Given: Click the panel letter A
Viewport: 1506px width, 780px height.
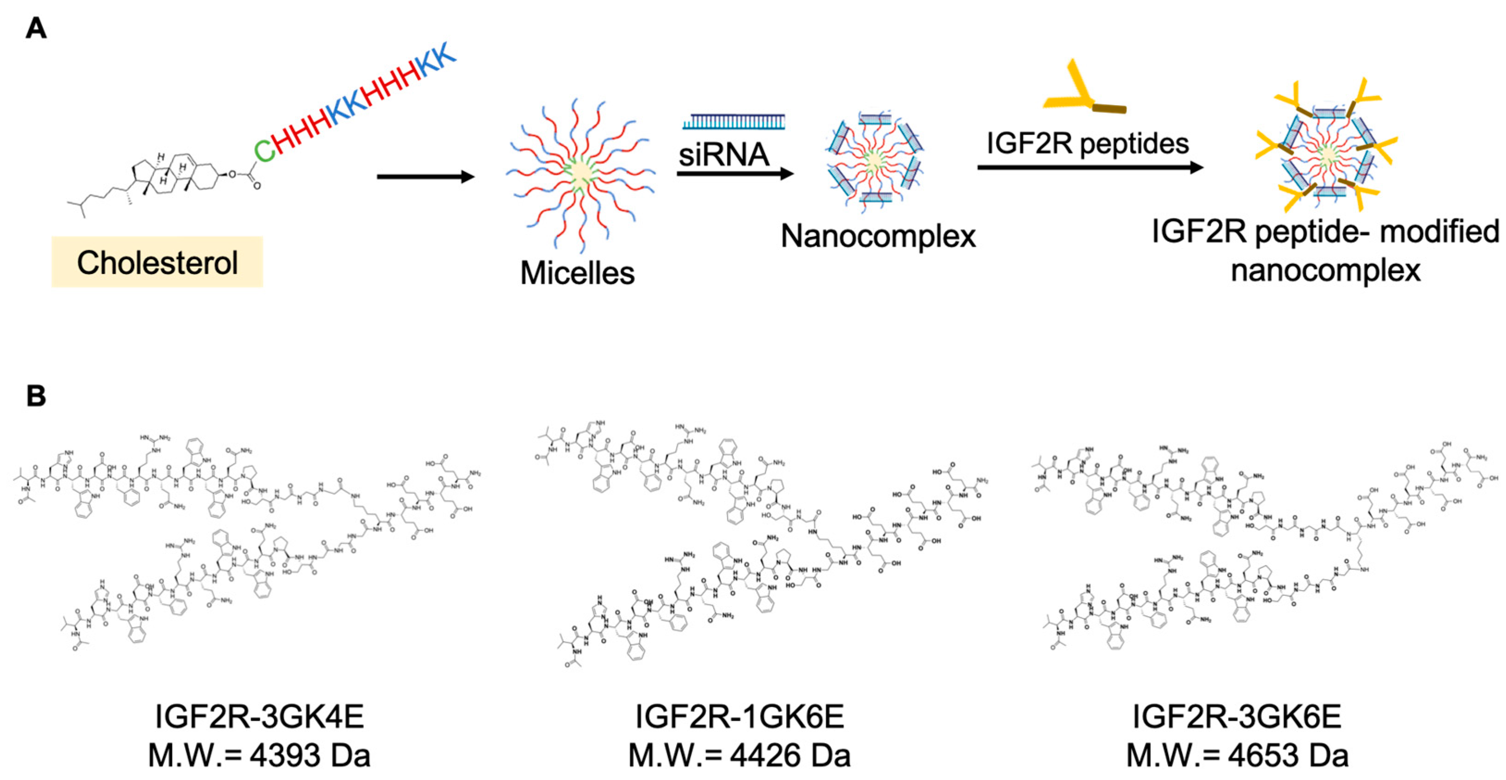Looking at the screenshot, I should point(36,29).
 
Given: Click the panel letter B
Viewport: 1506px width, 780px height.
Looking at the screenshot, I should point(36,396).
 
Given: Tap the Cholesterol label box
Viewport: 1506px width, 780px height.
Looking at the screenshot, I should point(157,262).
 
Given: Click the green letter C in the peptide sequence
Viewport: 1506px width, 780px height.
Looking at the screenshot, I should point(264,150).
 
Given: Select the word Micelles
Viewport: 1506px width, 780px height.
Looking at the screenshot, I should point(577,273).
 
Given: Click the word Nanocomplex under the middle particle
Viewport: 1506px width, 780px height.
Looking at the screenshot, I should point(878,237).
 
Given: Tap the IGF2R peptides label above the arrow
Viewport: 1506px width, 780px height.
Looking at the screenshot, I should point(1088,144).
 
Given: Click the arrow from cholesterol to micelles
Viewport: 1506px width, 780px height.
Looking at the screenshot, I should point(425,176).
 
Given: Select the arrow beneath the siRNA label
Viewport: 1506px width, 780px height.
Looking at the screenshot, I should point(735,174).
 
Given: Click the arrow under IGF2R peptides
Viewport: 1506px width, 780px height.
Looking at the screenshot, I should point(1090,168).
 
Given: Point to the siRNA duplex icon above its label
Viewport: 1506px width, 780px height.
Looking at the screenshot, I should point(734,122).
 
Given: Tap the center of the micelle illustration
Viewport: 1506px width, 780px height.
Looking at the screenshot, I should point(581,173).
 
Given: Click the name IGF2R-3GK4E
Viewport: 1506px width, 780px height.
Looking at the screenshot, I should point(259,716).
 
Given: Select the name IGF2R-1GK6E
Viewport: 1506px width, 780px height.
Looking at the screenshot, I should point(739,716).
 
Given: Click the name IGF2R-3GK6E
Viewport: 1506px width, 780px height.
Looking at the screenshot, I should point(1236,716).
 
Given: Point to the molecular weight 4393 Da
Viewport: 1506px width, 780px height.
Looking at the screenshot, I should point(259,755).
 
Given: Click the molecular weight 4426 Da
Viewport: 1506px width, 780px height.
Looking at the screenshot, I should point(739,755).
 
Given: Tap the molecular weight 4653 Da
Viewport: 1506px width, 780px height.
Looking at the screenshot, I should point(1236,755).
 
